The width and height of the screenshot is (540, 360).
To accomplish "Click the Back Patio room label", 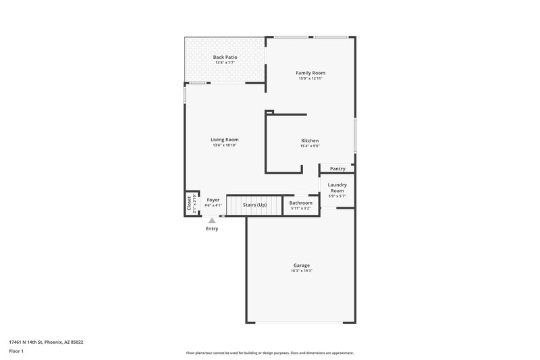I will [225, 57].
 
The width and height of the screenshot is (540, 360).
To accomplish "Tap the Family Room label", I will [310, 72].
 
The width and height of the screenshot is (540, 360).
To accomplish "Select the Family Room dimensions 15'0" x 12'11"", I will [310, 78].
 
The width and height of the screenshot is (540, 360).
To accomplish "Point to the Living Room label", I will [225, 140].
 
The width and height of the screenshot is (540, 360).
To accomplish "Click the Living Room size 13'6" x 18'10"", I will [225, 145].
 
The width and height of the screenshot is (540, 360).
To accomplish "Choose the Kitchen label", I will [310, 140].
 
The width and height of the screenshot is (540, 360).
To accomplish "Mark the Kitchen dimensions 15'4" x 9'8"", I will [310, 146].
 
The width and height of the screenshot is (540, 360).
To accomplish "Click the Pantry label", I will [337, 169].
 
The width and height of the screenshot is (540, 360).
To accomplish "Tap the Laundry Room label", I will [337, 188].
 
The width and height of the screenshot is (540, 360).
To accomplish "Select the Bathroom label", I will [301, 203].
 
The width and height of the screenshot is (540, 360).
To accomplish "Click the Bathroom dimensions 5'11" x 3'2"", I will [301, 208].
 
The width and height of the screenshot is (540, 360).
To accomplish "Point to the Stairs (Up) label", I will [255, 204].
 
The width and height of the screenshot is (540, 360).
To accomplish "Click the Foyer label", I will [213, 200].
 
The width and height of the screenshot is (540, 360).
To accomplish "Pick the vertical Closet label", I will [188, 203].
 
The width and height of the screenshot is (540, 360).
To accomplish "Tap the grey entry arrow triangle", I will [212, 220].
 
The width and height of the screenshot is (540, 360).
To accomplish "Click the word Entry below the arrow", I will [212, 228].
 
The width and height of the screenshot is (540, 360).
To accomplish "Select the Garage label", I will [301, 265].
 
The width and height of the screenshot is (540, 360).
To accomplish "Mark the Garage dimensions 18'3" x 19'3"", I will [301, 271].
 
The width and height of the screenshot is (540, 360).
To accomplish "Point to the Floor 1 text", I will [16, 351].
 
